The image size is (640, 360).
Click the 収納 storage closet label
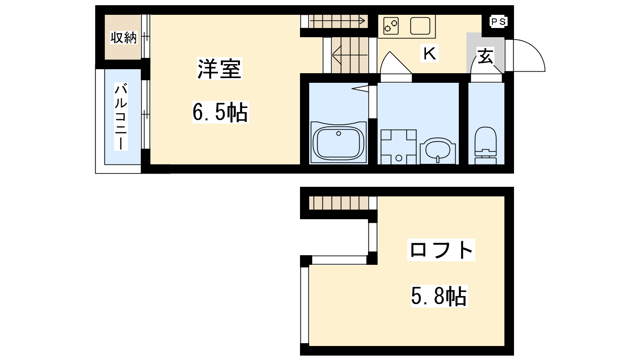(124, 38)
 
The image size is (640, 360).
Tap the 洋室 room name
(220, 68)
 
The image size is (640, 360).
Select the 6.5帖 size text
(220, 112)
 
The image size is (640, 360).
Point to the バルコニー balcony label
(121, 116)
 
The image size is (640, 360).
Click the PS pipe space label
(498, 22)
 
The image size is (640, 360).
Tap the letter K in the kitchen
(430, 53)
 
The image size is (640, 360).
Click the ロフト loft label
(441, 250)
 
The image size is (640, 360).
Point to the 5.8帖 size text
(439, 296)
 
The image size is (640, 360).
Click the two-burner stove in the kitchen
(391, 26)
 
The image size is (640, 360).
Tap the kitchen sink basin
(420, 26)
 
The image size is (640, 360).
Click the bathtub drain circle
(338, 134)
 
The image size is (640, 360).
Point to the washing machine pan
(398, 147)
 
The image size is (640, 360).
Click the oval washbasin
(438, 150)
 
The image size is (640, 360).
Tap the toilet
(486, 146)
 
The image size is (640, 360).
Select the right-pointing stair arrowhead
(362, 21)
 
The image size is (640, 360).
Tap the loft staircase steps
(338, 203)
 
